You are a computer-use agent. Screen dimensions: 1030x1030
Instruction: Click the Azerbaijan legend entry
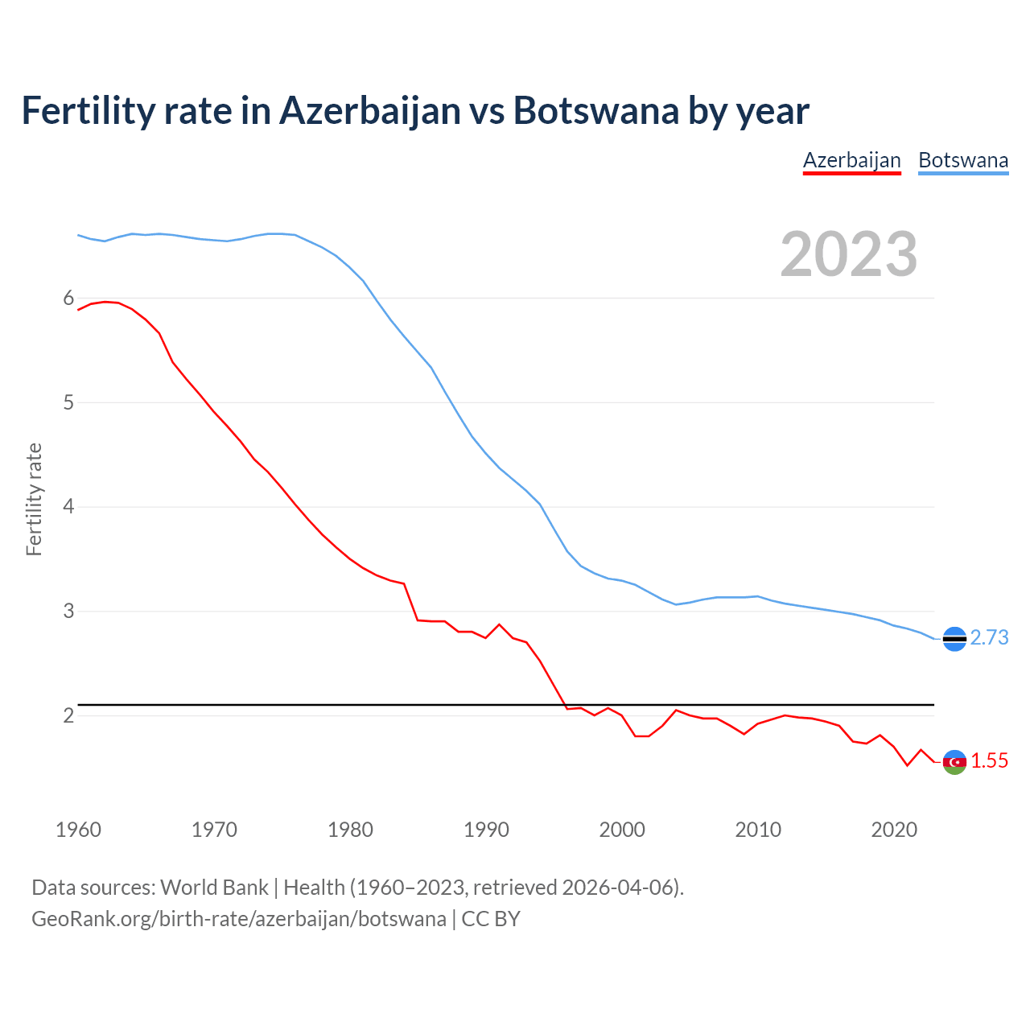tap(851, 160)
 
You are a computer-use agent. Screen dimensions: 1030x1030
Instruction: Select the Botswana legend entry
tap(963, 160)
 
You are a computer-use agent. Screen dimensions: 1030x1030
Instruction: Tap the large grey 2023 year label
tap(849, 254)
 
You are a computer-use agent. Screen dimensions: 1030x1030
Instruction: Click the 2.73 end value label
tap(989, 637)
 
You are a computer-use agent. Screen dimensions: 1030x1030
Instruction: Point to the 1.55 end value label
tap(989, 760)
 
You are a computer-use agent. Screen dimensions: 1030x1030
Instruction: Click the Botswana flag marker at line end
tap(954, 639)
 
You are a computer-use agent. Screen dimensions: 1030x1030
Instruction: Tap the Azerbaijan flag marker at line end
tap(954, 762)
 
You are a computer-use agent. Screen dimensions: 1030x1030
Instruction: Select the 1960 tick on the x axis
tap(78, 830)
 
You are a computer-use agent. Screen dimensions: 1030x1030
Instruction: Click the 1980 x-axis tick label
tap(350, 830)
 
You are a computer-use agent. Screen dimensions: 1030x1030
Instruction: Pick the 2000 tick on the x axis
tap(622, 830)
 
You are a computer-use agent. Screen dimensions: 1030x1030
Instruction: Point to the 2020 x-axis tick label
tap(894, 830)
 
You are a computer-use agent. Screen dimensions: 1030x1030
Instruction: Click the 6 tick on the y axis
tap(68, 299)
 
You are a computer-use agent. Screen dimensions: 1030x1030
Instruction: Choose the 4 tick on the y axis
tap(68, 507)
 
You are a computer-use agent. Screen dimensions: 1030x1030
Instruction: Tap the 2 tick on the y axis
tap(68, 715)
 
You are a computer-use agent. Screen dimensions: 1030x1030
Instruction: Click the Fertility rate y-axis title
tap(34, 499)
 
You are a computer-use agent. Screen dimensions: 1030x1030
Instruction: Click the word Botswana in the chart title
tap(595, 111)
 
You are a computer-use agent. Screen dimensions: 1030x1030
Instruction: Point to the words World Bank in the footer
tap(214, 888)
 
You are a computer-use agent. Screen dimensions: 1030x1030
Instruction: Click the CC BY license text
tap(491, 919)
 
